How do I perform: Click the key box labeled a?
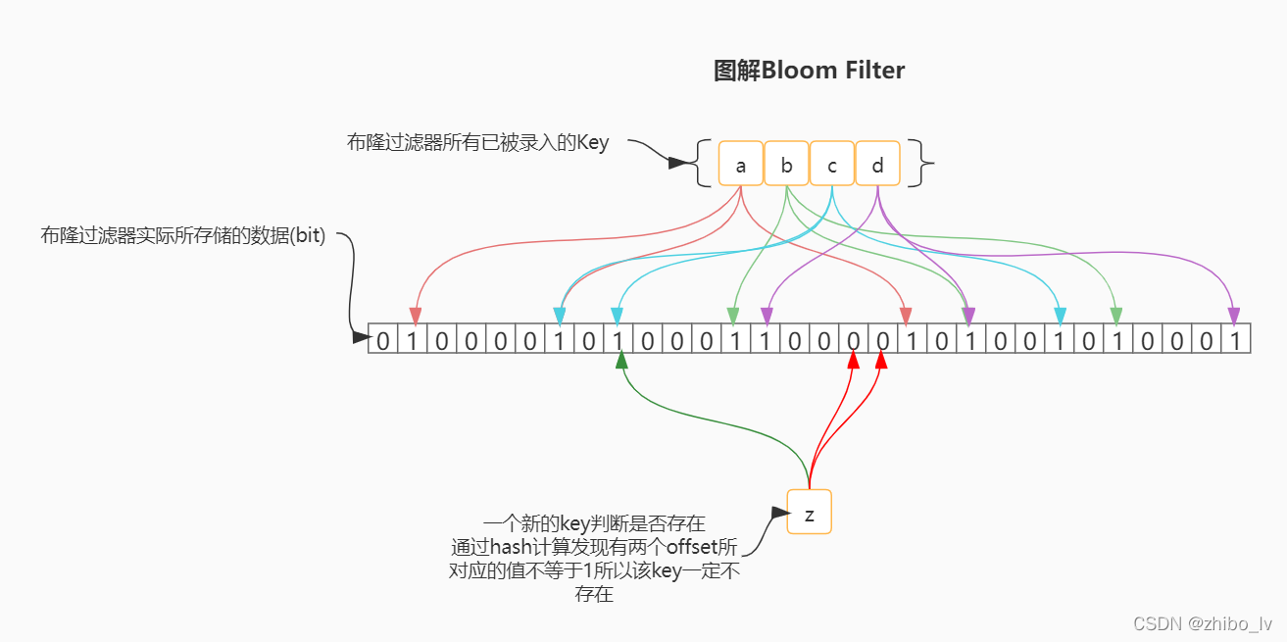[740, 164]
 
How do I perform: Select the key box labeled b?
[786, 164]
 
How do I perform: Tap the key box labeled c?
[832, 164]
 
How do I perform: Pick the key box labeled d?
[877, 164]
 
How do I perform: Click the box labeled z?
[809, 512]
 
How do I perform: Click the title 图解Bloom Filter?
[809, 71]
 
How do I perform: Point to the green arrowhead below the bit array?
[620, 361]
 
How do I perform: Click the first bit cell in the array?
[383, 340]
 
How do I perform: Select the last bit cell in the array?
[1236, 340]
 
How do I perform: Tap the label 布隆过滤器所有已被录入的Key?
[477, 143]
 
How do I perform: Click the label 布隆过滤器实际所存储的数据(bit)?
[182, 236]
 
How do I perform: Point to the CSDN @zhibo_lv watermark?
[1203, 623]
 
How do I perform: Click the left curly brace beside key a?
[702, 164]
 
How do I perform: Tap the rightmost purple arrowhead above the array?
[1233, 315]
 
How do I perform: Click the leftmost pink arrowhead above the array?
[415, 316]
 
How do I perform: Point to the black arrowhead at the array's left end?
[360, 337]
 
